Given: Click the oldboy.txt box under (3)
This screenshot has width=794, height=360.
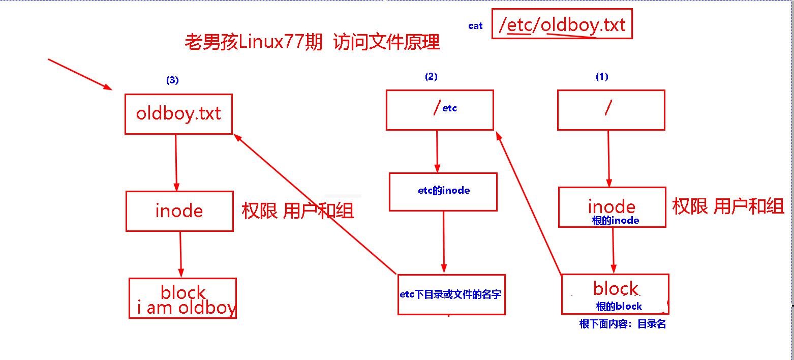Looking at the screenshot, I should point(178,114).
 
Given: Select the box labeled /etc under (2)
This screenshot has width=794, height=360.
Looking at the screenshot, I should point(440,110).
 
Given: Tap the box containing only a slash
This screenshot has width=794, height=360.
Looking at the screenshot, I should point(611,110).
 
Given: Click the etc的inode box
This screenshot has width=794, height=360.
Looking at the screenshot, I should point(443,191).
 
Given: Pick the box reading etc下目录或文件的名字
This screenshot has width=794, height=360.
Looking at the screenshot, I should point(451,294).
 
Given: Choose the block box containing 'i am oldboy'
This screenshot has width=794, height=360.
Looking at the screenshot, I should point(182,298).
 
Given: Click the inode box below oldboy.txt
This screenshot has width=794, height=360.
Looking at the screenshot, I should point(179,211).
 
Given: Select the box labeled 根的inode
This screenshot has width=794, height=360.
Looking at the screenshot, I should point(612,207).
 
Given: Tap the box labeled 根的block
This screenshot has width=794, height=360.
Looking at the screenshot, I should point(615,294).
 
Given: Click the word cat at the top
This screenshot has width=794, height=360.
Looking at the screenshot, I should point(475,26).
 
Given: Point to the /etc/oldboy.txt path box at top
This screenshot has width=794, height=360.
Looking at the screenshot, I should point(562,24).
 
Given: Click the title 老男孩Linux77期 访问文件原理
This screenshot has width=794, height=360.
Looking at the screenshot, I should point(312,43).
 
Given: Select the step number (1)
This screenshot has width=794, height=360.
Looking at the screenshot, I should point(602,77).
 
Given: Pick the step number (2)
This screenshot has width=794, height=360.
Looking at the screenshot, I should point(431,77).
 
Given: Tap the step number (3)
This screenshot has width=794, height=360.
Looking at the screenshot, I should point(173,80).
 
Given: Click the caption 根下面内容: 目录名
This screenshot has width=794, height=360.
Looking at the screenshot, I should point(622,324).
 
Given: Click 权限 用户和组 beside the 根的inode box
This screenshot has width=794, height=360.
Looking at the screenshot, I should point(728,206).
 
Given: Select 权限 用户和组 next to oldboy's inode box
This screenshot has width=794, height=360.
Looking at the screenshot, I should point(297,211).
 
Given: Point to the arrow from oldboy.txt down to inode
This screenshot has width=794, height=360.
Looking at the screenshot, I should point(176,162).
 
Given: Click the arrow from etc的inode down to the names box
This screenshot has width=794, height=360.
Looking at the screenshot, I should point(444,242).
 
